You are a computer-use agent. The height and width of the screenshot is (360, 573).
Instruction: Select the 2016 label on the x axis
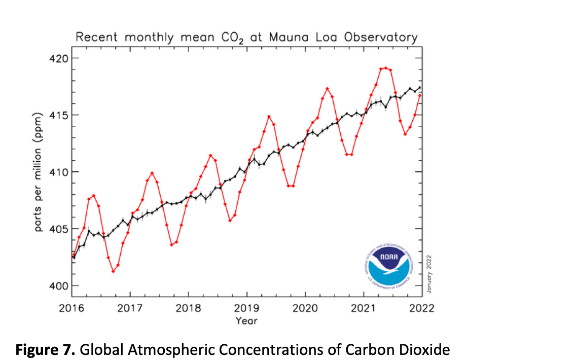(x=72, y=308)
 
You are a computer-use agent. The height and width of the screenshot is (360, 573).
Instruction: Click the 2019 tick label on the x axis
(x=247, y=308)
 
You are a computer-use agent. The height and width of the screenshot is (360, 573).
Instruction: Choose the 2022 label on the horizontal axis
(x=421, y=308)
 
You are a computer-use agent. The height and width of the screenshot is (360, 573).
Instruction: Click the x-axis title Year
(x=246, y=320)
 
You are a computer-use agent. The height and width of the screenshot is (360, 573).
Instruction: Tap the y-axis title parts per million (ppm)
(x=39, y=172)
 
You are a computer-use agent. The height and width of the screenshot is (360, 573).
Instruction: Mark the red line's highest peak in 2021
(x=386, y=67)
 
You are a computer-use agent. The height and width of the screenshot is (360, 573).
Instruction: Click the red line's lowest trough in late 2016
(x=113, y=271)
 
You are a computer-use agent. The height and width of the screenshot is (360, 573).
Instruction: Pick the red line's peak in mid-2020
(x=328, y=89)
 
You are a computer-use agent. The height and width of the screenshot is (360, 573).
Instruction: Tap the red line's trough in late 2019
(x=291, y=186)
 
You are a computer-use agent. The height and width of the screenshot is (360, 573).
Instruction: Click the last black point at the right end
(x=420, y=87)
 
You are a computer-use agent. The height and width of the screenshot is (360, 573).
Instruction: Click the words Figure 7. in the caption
(x=45, y=349)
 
